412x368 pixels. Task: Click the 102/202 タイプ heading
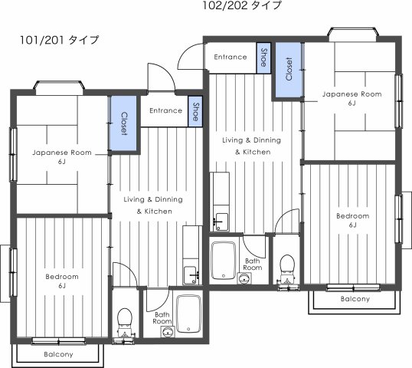(x=242, y=6)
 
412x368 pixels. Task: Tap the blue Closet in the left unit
(x=124, y=123)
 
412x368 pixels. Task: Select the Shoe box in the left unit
(x=196, y=110)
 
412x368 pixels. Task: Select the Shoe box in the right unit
(x=264, y=57)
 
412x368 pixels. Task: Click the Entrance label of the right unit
(x=230, y=57)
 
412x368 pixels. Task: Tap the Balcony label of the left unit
(x=58, y=354)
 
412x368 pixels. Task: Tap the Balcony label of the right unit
(x=355, y=299)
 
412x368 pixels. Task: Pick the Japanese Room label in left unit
(x=61, y=156)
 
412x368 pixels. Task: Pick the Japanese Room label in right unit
(x=352, y=97)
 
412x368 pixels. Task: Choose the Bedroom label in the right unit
(x=353, y=221)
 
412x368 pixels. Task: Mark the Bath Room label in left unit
(x=162, y=317)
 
